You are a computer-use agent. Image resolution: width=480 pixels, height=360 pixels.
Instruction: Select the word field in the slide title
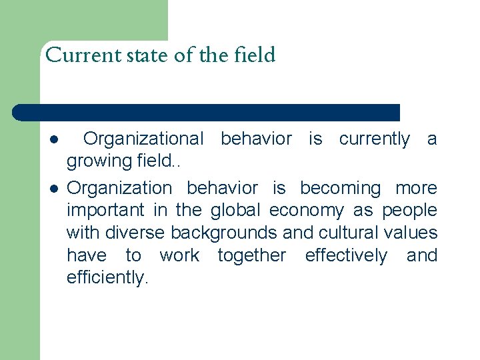click(x=255, y=55)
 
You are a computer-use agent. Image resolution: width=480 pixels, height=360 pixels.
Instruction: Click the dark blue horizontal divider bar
click(x=207, y=113)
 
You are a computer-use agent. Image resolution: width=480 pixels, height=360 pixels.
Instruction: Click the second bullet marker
click(x=53, y=189)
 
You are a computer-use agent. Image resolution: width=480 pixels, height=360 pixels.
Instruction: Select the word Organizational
click(x=143, y=139)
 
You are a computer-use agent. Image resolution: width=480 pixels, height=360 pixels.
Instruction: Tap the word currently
click(x=374, y=139)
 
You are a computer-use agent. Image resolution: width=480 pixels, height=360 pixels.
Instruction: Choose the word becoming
click(x=340, y=188)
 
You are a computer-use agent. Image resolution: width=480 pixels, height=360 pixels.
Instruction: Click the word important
click(x=105, y=210)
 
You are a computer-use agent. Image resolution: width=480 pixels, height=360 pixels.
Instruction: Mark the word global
click(x=237, y=210)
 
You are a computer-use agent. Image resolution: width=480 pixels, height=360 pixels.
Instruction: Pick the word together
click(x=251, y=256)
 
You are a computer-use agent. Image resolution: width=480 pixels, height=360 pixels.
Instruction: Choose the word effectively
click(x=345, y=255)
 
